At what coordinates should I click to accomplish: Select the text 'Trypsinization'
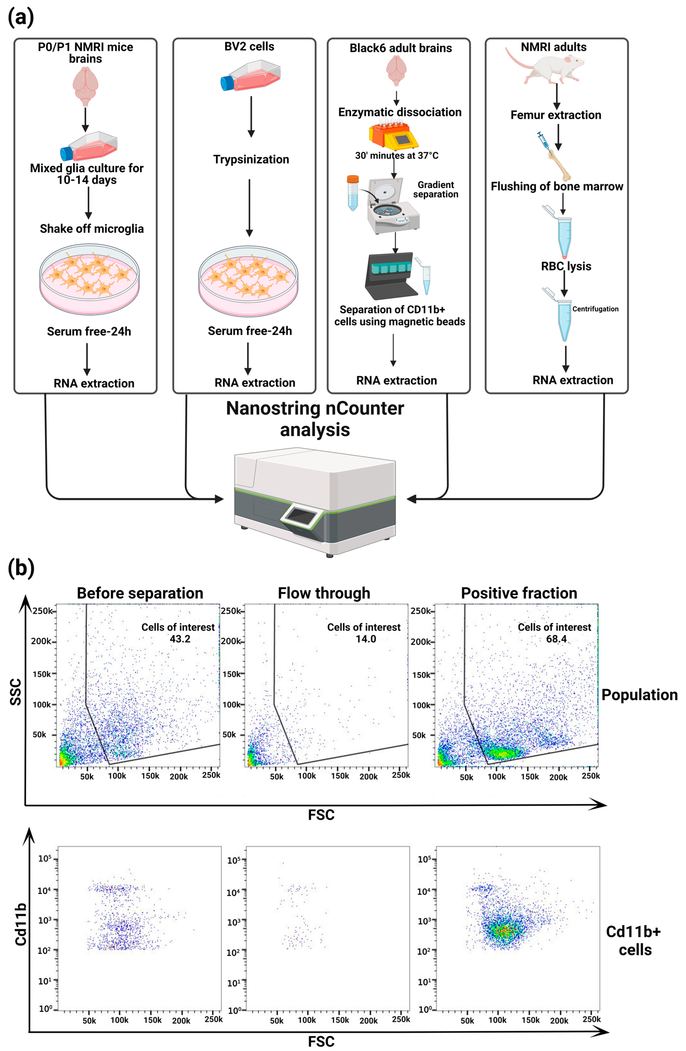(251, 159)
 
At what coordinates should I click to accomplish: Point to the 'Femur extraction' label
(556, 115)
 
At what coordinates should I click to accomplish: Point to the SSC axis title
(16, 692)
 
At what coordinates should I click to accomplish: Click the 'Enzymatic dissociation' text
(400, 112)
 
